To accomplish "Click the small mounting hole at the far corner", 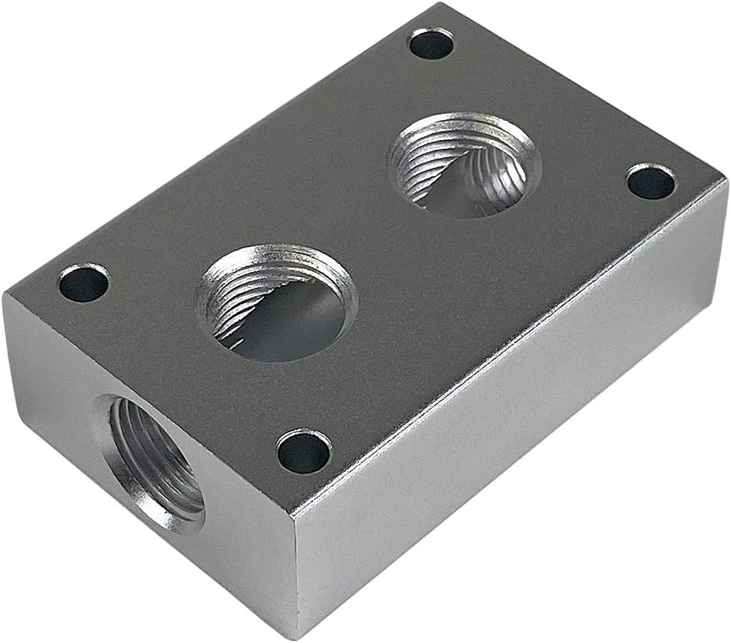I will [x=431, y=44].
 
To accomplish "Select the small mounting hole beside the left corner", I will [x=84, y=283].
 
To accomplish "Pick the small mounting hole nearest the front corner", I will [x=304, y=451].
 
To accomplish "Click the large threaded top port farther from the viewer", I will [x=466, y=165].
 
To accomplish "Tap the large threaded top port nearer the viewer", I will [x=277, y=302].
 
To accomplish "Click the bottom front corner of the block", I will [x=297, y=636].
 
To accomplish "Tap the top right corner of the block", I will [x=725, y=180].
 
